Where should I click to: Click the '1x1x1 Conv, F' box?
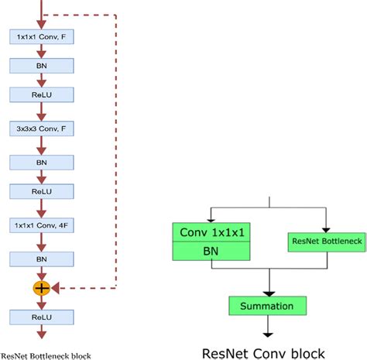[41, 36]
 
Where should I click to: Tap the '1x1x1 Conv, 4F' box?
[41, 225]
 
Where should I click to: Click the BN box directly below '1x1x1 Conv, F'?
[41, 66]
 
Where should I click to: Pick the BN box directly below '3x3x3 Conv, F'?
[41, 162]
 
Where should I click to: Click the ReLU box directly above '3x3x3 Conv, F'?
[41, 94]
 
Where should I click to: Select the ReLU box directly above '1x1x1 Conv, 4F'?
[41, 190]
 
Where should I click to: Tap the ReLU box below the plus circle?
[41, 316]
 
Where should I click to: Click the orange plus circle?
[41, 287]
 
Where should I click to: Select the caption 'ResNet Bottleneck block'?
[46, 355]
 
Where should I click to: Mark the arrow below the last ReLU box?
[41, 333]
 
